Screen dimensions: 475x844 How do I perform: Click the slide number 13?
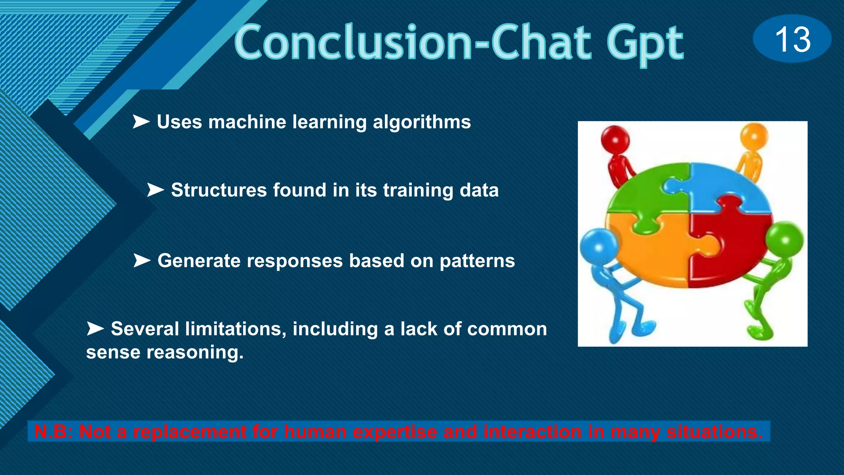click(792, 39)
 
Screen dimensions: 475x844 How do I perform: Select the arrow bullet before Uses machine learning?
click(141, 122)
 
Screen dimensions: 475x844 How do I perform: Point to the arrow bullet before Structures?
click(155, 190)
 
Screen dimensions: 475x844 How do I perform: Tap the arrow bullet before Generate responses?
click(142, 261)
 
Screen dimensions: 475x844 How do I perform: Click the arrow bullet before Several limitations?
click(95, 329)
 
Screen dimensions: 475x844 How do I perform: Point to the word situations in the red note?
click(715, 432)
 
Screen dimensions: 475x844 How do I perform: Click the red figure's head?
click(614, 139)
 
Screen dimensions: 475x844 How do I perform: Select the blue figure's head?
click(598, 246)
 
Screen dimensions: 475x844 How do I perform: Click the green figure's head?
click(785, 240)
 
